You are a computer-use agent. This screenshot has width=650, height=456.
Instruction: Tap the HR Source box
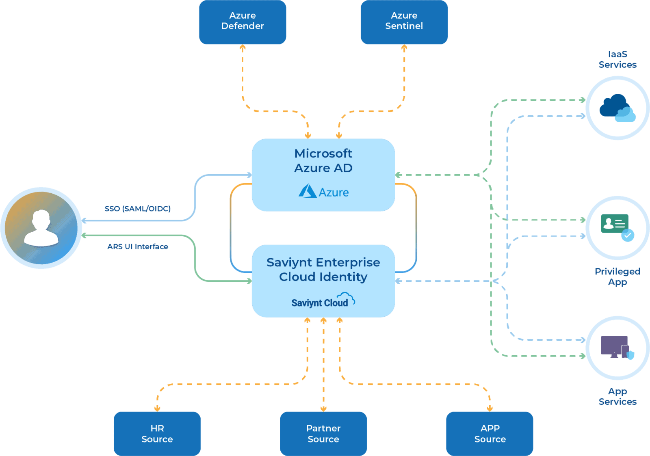157,433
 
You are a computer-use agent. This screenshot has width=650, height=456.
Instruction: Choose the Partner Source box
323,433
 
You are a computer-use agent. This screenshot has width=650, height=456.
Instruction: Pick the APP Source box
490,433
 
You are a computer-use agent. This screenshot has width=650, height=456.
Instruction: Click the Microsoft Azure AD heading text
323,160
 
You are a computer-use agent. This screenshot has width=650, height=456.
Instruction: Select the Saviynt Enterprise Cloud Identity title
323,269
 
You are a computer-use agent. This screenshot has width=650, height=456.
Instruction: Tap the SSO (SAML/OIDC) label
137,209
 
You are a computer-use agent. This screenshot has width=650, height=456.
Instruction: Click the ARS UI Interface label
137,246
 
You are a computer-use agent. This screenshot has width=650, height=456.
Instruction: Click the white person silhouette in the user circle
41,228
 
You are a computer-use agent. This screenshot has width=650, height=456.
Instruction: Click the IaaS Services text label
617,59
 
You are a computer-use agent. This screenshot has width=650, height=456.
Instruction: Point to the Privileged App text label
617,277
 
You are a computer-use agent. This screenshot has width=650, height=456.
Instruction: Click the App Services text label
617,396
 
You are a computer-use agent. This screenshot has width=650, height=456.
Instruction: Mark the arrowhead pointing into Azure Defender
243,48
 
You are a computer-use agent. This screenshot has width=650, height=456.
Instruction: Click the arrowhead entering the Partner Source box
323,408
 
